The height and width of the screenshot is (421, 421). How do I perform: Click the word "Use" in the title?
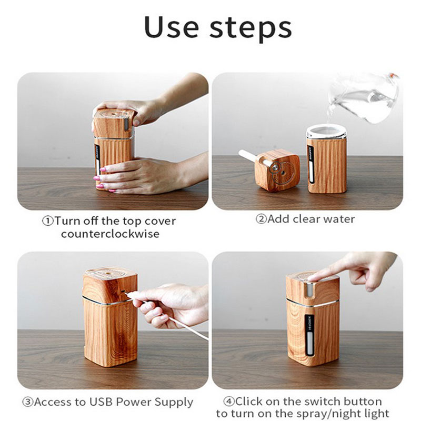click(x=172, y=27)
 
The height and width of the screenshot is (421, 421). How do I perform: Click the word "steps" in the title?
click(x=250, y=28)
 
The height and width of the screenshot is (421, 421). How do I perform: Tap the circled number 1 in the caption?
click(x=48, y=221)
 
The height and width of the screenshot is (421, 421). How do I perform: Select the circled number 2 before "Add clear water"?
click(x=261, y=219)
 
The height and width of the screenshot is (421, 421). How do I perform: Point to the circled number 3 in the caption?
click(x=28, y=402)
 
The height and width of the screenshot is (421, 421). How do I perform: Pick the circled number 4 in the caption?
click(x=229, y=402)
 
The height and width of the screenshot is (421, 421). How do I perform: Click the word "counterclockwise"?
click(x=111, y=234)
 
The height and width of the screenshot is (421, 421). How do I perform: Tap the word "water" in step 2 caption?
click(x=339, y=219)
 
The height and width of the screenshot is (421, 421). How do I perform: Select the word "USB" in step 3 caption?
click(x=101, y=402)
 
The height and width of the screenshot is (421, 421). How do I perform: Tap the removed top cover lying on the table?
click(x=277, y=171)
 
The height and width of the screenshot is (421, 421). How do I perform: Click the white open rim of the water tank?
click(x=326, y=132)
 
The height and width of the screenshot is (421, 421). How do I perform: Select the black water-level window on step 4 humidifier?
click(x=309, y=335)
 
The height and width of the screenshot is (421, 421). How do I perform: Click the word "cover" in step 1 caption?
click(x=160, y=221)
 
